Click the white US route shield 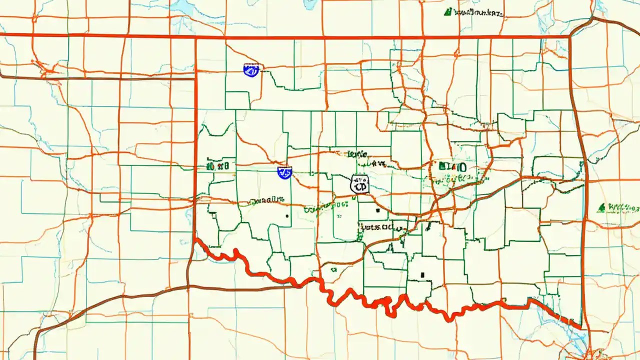pyautogui.click(x=360, y=184)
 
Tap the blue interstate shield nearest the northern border pyautogui.click(x=251, y=70)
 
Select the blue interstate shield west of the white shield pyautogui.click(x=284, y=173)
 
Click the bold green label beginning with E pyautogui.click(x=451, y=167)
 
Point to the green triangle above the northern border pyautogui.click(x=448, y=11)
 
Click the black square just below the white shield pyautogui.click(x=378, y=211)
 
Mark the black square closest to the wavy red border pyautogui.click(x=423, y=274)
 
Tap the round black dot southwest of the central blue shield pyautogui.click(x=287, y=216)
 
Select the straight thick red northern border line pyautogui.click(x=350, y=37)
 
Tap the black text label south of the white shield pyautogui.click(x=375, y=227)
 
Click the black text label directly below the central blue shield pyautogui.click(x=267, y=200)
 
